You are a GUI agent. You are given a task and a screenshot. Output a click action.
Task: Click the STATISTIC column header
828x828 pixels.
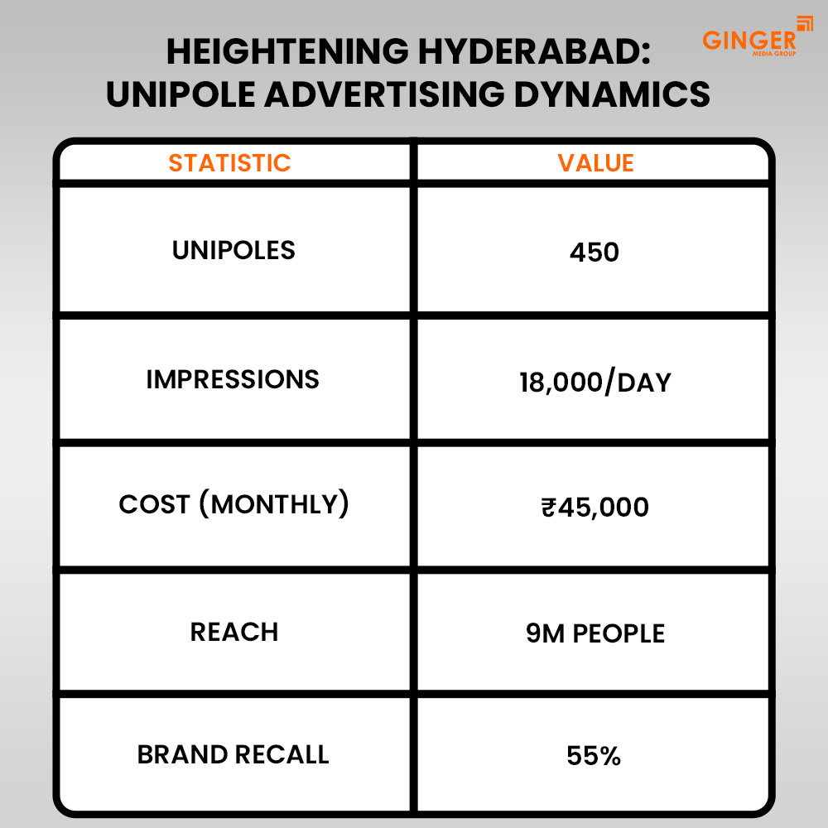tap(229, 162)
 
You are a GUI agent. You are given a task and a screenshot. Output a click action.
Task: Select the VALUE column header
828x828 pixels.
tap(595, 162)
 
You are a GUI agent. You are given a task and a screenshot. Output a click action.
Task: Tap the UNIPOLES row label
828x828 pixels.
tap(233, 250)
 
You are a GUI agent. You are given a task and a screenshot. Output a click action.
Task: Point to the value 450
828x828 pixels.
tap(595, 252)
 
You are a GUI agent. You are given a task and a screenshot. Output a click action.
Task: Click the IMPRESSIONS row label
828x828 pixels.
tap(233, 379)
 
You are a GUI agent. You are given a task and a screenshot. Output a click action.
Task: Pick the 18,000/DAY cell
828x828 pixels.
tap(595, 382)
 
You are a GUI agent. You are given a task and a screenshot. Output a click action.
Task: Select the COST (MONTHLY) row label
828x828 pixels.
tap(233, 504)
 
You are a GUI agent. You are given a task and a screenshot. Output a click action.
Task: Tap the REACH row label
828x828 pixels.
tap(234, 632)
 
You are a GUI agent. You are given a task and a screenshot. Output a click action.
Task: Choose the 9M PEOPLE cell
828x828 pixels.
tap(595, 633)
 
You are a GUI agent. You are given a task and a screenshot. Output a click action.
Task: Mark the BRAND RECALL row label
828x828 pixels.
tap(233, 754)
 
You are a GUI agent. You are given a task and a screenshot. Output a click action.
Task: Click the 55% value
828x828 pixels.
tap(595, 756)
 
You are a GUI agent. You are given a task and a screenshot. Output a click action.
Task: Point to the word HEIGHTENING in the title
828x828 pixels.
tap(284, 53)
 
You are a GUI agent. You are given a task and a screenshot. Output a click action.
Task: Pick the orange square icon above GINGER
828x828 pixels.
tap(805, 22)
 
